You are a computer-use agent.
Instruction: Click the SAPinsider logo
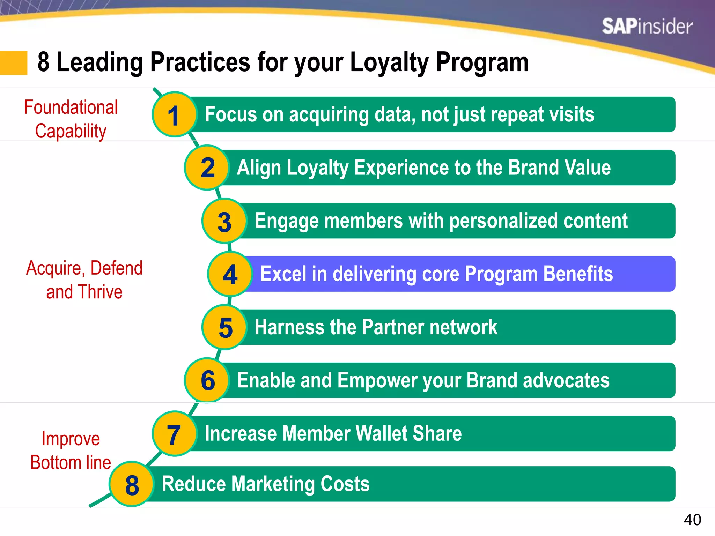coord(647,27)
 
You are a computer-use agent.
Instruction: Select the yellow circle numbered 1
coord(174,115)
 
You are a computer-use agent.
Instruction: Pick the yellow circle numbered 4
coord(230,274)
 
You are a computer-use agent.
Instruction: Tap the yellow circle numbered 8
coord(132,484)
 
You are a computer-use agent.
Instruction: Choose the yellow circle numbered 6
coord(207,380)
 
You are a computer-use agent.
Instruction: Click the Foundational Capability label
coord(71,119)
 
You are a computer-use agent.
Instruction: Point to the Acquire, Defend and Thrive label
coord(84,280)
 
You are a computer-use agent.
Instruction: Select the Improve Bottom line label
coord(71,451)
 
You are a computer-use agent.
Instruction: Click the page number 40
coord(692,520)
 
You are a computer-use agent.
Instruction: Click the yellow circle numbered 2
coord(207,168)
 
